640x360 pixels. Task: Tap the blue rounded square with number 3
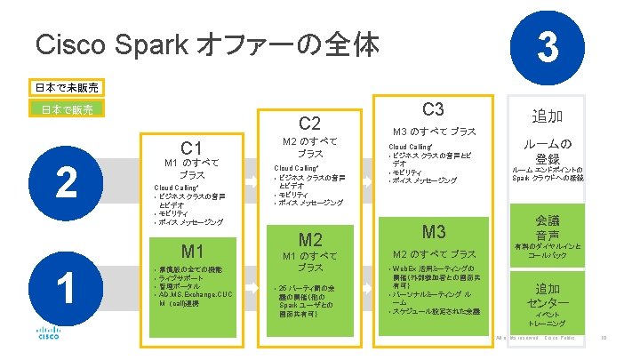[x=548, y=45]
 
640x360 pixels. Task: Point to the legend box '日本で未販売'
[x=68, y=88]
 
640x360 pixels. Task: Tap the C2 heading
[x=309, y=123]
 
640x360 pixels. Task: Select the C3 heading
[x=433, y=109]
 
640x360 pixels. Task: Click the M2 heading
[x=309, y=239]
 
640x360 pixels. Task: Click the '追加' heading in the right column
[x=548, y=116]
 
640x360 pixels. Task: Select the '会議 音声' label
[x=548, y=228]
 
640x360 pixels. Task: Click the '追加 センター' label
[x=548, y=297]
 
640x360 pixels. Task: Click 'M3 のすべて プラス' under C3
[x=433, y=132]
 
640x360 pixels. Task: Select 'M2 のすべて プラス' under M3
[x=433, y=253]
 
